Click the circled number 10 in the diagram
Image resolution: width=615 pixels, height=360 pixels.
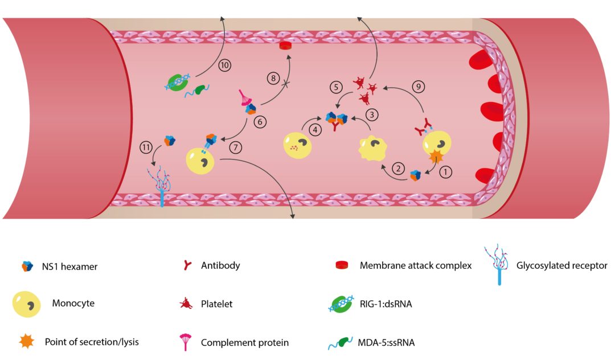224,65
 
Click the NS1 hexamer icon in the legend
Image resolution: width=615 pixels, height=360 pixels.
26,266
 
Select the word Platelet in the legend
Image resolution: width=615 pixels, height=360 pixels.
217,304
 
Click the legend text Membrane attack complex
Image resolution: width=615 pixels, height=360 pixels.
416,265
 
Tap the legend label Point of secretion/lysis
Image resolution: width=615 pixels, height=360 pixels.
92,342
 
